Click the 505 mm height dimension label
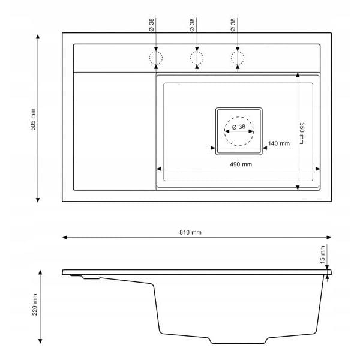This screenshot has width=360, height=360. pyautogui.click(x=33, y=119)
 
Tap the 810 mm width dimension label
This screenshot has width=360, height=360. pyautogui.click(x=190, y=232)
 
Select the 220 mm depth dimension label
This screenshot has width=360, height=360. pyautogui.click(x=35, y=304)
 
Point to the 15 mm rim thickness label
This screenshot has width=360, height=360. pyautogui.click(x=323, y=254)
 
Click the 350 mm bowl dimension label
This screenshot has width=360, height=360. pyautogui.click(x=302, y=133)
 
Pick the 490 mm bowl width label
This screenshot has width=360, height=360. pyautogui.click(x=241, y=164)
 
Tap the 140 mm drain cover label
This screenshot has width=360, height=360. pyautogui.click(x=279, y=143)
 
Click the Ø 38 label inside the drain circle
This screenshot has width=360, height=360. pyautogui.click(x=239, y=127)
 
